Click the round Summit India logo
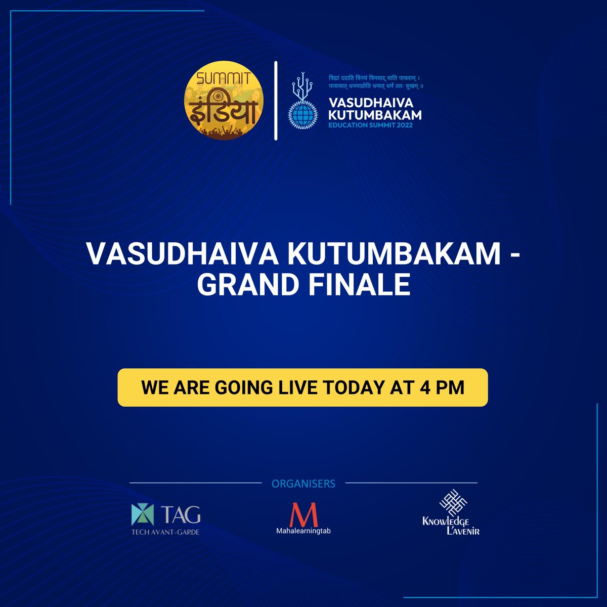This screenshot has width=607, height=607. click(x=224, y=100)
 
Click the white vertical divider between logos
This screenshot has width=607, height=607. click(x=276, y=101)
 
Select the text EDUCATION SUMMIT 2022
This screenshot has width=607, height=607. click(x=370, y=125)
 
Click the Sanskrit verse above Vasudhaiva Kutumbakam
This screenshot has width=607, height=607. click(x=376, y=81)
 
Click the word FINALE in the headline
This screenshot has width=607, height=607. click(x=360, y=284)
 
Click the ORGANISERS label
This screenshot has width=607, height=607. click(x=303, y=484)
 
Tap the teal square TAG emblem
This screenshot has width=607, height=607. click(x=142, y=514)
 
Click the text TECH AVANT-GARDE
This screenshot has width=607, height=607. click(x=165, y=532)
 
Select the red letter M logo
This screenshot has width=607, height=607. click(x=303, y=515)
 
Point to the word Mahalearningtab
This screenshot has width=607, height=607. click(x=303, y=531)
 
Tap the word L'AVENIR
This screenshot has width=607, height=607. click(x=463, y=531)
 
